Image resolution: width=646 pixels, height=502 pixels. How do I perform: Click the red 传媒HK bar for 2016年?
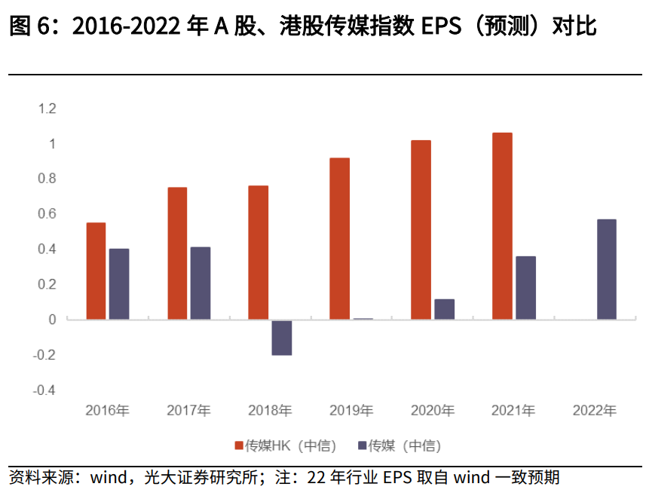point(96,271)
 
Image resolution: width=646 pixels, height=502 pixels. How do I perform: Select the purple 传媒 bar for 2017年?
point(201,283)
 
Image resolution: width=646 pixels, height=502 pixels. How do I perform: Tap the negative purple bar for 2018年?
point(281,338)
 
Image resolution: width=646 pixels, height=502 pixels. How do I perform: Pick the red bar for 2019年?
point(339,238)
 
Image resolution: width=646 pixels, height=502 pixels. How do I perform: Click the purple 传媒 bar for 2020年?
point(444,309)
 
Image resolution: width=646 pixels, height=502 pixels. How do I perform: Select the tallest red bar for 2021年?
point(502,226)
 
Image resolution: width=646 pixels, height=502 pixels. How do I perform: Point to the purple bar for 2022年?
point(606,269)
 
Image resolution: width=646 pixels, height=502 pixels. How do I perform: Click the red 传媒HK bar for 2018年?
point(259,253)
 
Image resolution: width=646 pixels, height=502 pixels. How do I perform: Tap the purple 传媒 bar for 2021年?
point(525,288)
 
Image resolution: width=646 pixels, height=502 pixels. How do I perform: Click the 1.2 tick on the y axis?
point(47,109)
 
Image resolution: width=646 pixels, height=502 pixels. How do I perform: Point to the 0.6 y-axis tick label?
point(47,214)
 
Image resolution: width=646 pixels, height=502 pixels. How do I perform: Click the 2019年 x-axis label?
point(351,411)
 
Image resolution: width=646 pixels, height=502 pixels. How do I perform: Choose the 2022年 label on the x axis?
point(595,411)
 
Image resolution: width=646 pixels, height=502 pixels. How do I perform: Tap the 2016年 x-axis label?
point(108,411)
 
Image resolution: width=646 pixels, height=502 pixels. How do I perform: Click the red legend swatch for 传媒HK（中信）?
point(239,445)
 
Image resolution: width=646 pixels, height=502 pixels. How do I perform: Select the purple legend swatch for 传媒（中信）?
point(362,445)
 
